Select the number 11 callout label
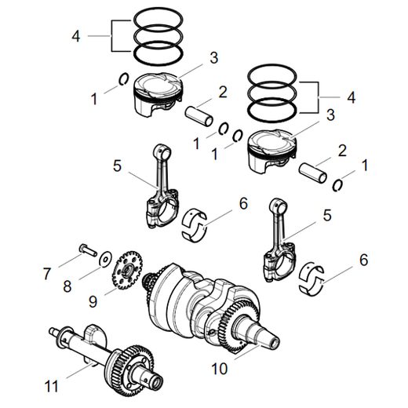click(x=53, y=385)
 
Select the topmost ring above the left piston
click(x=161, y=18)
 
